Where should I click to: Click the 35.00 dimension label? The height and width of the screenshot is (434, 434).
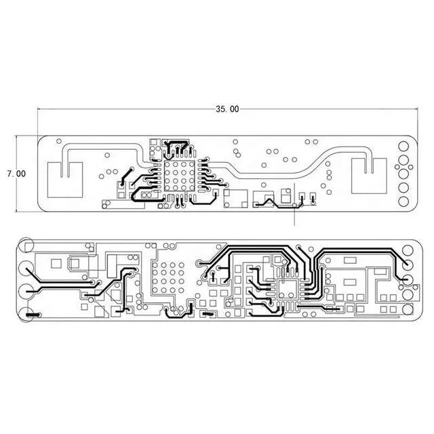coord(227,109)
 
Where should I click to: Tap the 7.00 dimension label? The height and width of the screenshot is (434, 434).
coord(16,174)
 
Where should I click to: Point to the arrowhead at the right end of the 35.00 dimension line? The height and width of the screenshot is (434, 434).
coord(416,108)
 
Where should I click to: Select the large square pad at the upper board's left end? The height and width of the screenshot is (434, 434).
coord(65,180)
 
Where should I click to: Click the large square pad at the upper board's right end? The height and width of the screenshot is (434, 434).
coord(369,176)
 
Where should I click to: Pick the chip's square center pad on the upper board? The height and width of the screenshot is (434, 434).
coord(179,176)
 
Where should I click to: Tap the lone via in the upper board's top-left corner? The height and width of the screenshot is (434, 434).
coord(59,141)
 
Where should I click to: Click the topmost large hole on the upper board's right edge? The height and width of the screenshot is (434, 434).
coord(403,146)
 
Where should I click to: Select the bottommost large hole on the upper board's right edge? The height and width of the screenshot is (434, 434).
coord(403,201)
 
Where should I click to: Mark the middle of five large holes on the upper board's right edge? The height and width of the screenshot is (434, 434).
coord(403,174)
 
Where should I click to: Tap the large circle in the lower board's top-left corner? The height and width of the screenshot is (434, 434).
coord(25,245)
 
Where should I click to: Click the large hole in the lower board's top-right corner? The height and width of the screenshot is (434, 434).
coord(408,250)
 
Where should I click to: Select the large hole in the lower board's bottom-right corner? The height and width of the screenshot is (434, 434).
coord(408,309)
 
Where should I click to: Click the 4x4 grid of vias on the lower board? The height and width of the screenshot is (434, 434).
coord(168,277)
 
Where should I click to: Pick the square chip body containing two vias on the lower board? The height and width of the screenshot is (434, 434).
coord(288,290)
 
